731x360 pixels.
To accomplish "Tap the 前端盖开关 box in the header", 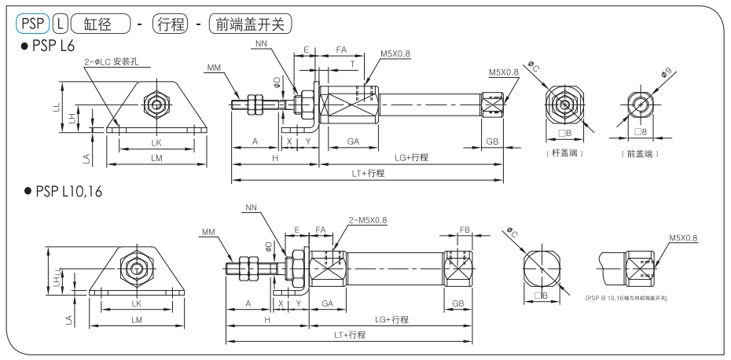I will [244, 24].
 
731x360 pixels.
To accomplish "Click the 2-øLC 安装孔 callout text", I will [112, 61].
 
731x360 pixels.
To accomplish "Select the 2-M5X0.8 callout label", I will [366, 220].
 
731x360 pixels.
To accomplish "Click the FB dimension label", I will [465, 230].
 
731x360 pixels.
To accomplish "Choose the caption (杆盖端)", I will [564, 153].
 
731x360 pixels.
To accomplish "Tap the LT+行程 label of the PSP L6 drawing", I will [369, 173].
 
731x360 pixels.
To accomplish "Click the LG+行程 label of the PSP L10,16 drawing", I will [391, 319].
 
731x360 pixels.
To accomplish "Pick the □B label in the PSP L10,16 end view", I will [541, 296].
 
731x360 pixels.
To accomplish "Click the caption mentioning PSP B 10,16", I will [626, 299].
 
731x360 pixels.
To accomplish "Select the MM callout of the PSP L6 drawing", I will [214, 69].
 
